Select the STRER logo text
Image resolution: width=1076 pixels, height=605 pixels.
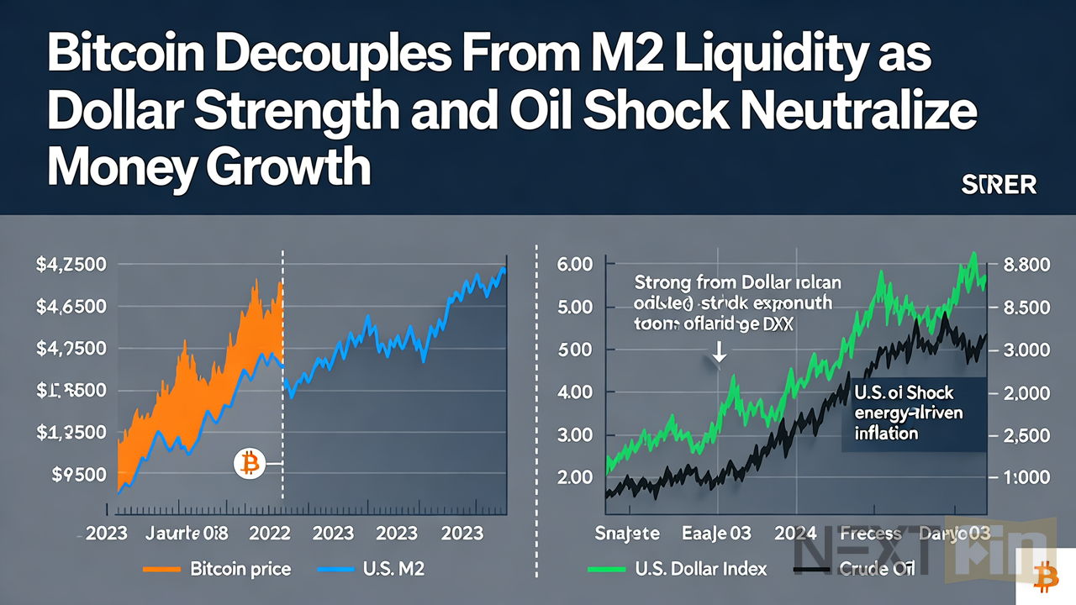(998, 185)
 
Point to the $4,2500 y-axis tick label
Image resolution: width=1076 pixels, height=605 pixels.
(71, 265)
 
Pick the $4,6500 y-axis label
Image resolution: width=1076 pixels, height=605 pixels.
(71, 307)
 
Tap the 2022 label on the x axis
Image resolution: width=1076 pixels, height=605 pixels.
(271, 534)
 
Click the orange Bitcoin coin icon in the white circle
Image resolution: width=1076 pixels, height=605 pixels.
(249, 463)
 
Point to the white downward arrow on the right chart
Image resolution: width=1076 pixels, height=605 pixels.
(719, 355)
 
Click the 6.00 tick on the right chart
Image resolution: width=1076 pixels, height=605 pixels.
(576, 264)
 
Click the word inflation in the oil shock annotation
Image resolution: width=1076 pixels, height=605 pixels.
(886, 434)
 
